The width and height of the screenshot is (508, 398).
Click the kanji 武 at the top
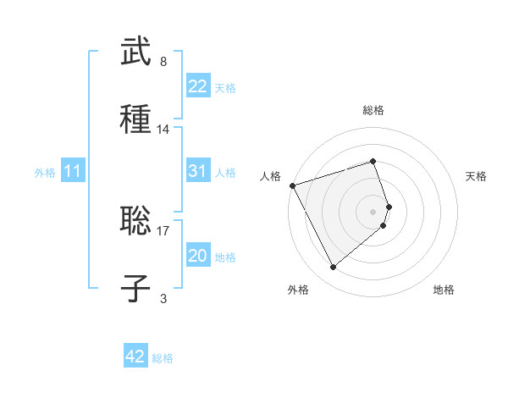coord(136,53)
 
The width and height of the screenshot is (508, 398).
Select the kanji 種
coord(136,118)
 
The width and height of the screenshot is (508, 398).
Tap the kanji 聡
coord(136,222)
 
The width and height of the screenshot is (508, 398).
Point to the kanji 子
coord(136,287)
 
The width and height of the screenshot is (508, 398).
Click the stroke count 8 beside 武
coord(163,62)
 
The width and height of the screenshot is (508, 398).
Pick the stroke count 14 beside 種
coord(163,129)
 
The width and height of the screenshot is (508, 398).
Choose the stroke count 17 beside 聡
coord(163,229)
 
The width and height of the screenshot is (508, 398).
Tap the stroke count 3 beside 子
coord(163,298)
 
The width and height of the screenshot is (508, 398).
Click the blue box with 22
coord(197,86)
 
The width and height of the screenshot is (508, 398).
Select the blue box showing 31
coord(197,171)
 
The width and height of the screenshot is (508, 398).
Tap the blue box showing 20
coord(197,256)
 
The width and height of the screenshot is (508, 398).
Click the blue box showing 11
coord(73,172)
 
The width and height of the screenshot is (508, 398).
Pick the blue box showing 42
coord(135,357)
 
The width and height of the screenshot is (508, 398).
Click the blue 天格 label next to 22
coord(225,87)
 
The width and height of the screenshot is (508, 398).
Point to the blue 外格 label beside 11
coord(45,173)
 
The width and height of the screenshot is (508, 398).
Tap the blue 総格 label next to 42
coord(163,358)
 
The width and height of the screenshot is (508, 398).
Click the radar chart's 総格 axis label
coord(373,110)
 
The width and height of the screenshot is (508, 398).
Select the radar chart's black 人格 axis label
coord(270,176)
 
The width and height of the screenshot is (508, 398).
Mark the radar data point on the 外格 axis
coord(333,268)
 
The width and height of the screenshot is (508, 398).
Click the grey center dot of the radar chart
coord(373,211)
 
